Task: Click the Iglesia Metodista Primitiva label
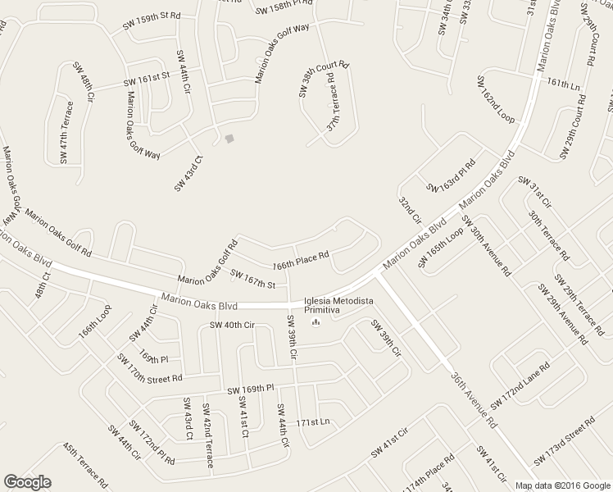click(x=337, y=305)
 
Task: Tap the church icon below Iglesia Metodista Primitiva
click(x=315, y=321)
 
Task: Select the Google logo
click(x=27, y=482)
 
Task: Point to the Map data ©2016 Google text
click(x=563, y=485)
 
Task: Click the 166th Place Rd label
click(x=301, y=261)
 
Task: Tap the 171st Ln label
click(x=312, y=422)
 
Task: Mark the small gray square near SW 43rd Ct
click(x=229, y=138)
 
